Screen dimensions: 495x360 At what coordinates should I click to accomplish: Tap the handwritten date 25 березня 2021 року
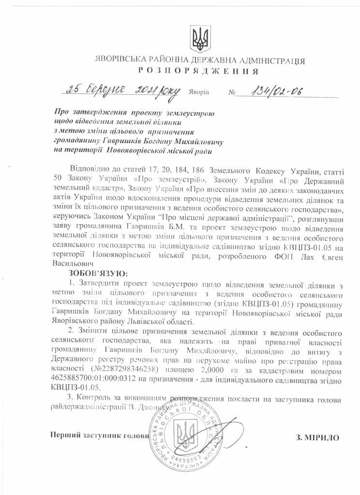pyautogui.click(x=124, y=91)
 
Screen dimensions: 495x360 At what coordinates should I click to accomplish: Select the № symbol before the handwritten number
pyautogui.click(x=230, y=92)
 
